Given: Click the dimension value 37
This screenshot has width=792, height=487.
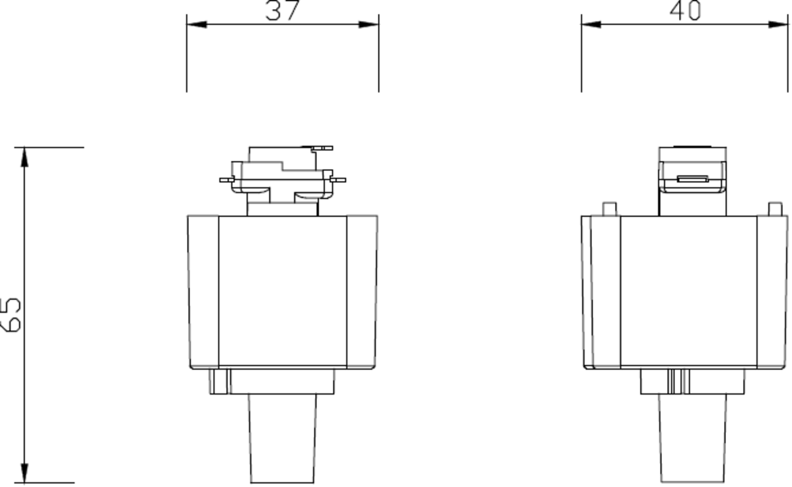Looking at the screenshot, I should click(x=282, y=11).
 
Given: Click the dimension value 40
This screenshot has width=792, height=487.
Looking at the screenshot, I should click(x=685, y=11).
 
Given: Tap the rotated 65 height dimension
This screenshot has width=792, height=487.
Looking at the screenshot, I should click(x=12, y=314).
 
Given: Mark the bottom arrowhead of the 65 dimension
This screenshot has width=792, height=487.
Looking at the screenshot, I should click(x=25, y=473).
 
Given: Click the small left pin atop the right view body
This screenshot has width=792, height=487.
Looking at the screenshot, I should click(x=610, y=209).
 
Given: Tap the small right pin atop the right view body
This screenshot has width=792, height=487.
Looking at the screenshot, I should click(x=775, y=209).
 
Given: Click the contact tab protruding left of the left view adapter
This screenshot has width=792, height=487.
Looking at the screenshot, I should click(x=227, y=179).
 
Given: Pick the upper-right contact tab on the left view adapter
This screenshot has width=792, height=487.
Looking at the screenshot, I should click(x=322, y=149).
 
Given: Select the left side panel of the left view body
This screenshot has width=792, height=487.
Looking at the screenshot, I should click(x=203, y=291).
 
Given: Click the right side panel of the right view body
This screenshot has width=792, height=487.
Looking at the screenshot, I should click(x=772, y=291).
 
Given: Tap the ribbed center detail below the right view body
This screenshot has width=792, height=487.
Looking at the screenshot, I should click(x=678, y=381).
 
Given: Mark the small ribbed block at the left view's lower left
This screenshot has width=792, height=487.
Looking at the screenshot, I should click(x=219, y=381).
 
